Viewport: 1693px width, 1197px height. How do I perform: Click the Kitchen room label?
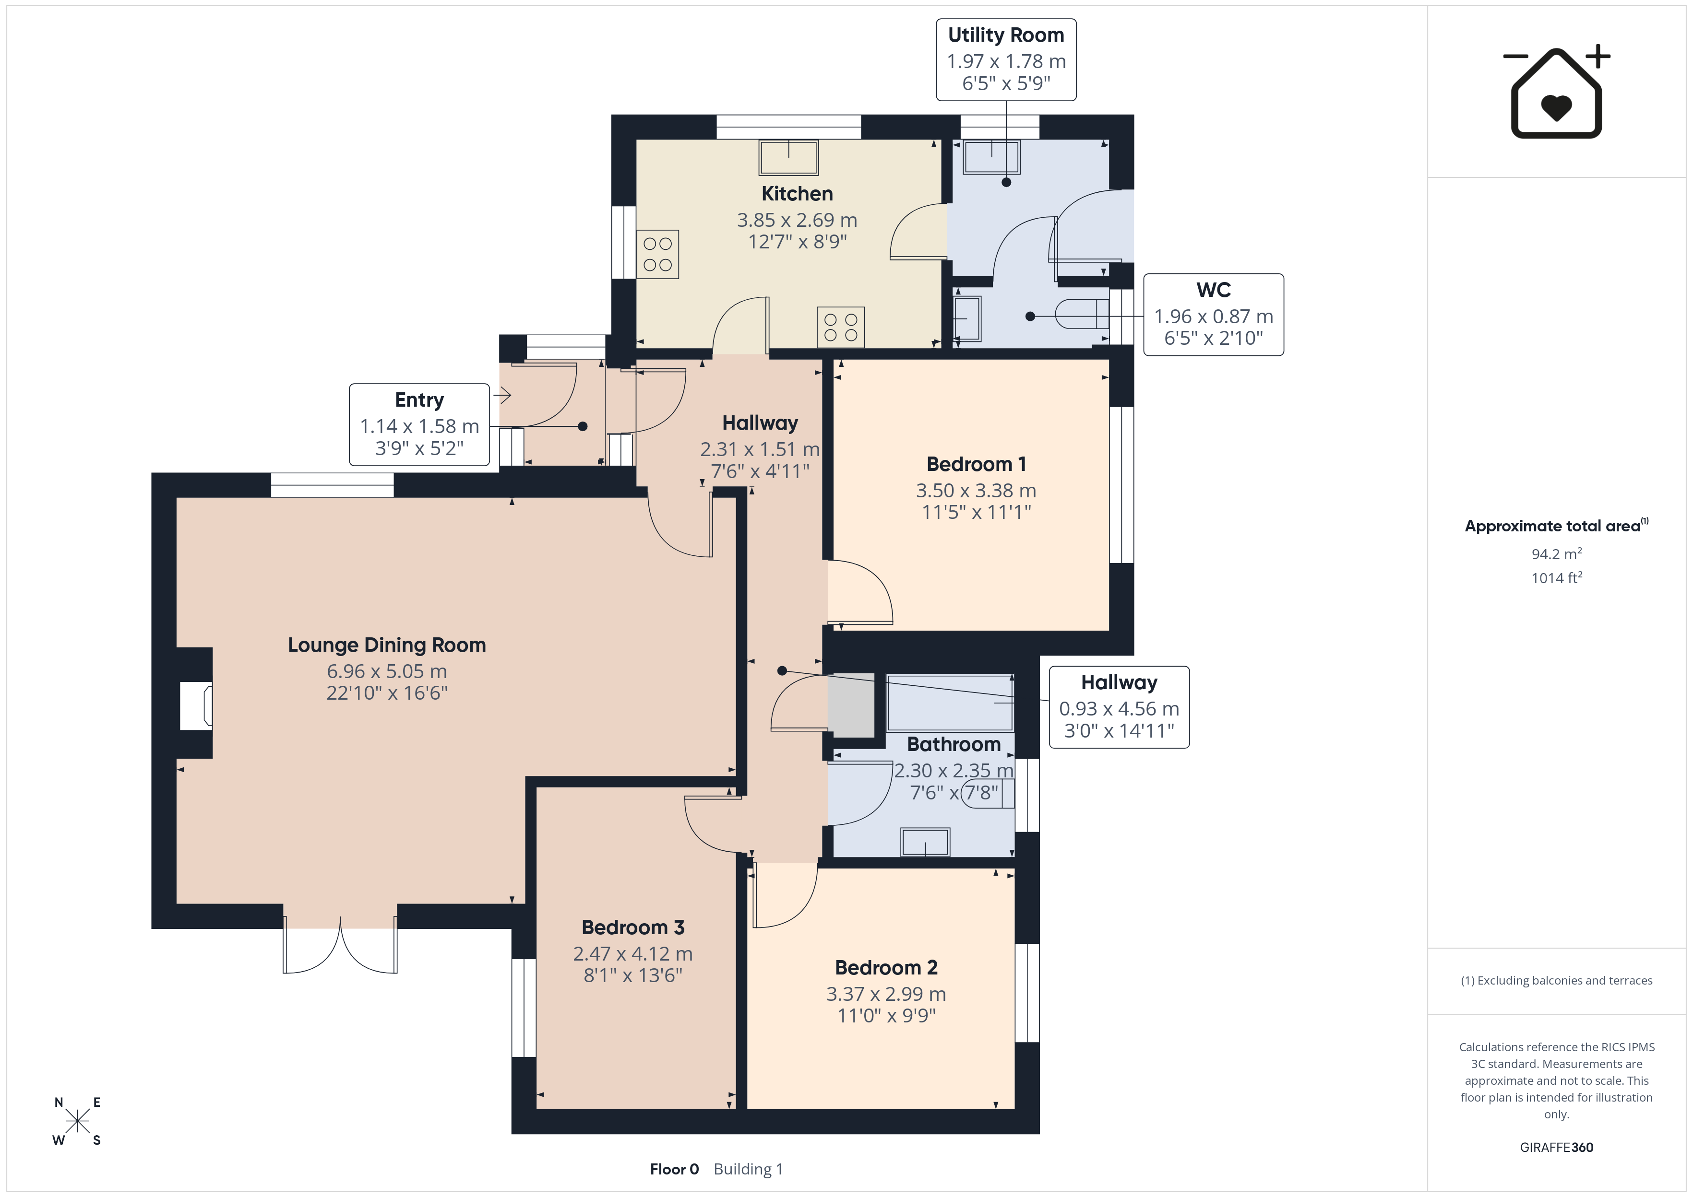point(797,194)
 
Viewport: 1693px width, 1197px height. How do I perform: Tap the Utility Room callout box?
point(1006,59)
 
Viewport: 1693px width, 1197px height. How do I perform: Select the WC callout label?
point(1213,315)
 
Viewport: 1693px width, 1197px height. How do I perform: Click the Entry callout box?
point(419,424)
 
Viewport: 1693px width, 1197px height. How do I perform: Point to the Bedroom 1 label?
point(976,464)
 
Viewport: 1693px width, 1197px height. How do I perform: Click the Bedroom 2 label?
point(886,968)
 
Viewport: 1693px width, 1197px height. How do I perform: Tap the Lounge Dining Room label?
point(387,645)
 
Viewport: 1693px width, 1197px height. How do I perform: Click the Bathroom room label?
point(954,744)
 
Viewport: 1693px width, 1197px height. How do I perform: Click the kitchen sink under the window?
point(789,157)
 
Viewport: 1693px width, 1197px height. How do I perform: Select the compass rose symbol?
point(77,1122)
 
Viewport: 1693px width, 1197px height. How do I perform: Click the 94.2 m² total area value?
point(1557,553)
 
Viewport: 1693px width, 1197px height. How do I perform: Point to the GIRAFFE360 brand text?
point(1557,1148)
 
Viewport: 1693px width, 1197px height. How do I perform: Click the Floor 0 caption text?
point(674,1170)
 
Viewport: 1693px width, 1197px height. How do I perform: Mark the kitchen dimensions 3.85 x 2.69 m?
point(797,220)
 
